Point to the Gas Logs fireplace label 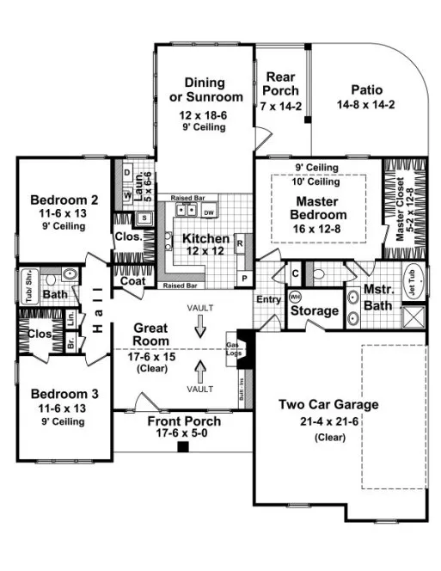(x=255, y=345)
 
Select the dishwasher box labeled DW (x=209, y=212)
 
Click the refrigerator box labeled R (x=240, y=243)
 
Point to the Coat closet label (x=132, y=280)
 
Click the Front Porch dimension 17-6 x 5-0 (x=184, y=435)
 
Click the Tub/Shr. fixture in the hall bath (x=28, y=277)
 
